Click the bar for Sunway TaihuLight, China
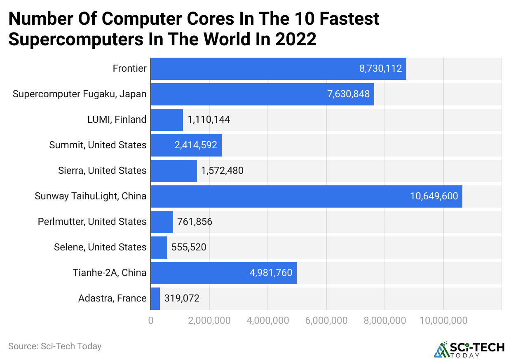point(306,196)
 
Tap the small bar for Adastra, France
point(155,299)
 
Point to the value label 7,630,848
point(348,94)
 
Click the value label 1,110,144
point(209,120)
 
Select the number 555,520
point(188,248)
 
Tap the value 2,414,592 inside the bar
point(196,145)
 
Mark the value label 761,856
point(195,222)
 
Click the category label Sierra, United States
point(102,171)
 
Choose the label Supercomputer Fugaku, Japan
point(80,94)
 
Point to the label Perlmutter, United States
point(92,222)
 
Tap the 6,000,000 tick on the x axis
point(326,320)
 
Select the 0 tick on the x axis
point(151,320)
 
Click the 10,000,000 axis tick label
point(443,320)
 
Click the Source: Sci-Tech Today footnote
point(55,346)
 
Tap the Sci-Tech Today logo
point(469,349)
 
